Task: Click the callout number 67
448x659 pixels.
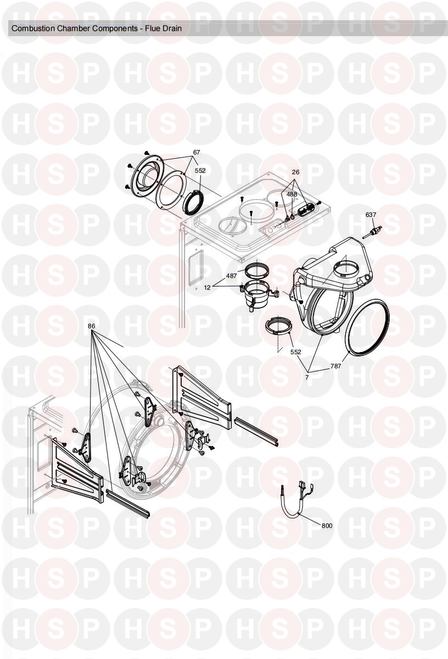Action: coord(197,152)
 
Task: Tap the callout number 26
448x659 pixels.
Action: coord(295,172)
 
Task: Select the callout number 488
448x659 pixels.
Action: coord(292,194)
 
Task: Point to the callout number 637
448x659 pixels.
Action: coord(371,215)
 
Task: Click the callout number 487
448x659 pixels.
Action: coord(231,276)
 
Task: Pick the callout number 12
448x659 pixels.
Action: coord(208,288)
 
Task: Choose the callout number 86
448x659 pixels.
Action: coord(92,326)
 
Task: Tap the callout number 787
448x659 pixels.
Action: coord(335,366)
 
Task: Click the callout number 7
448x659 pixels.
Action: coord(307,377)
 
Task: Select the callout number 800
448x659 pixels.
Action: coord(327,526)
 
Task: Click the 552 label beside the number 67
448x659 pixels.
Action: coord(200,171)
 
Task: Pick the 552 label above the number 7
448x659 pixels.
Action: coord(295,352)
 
